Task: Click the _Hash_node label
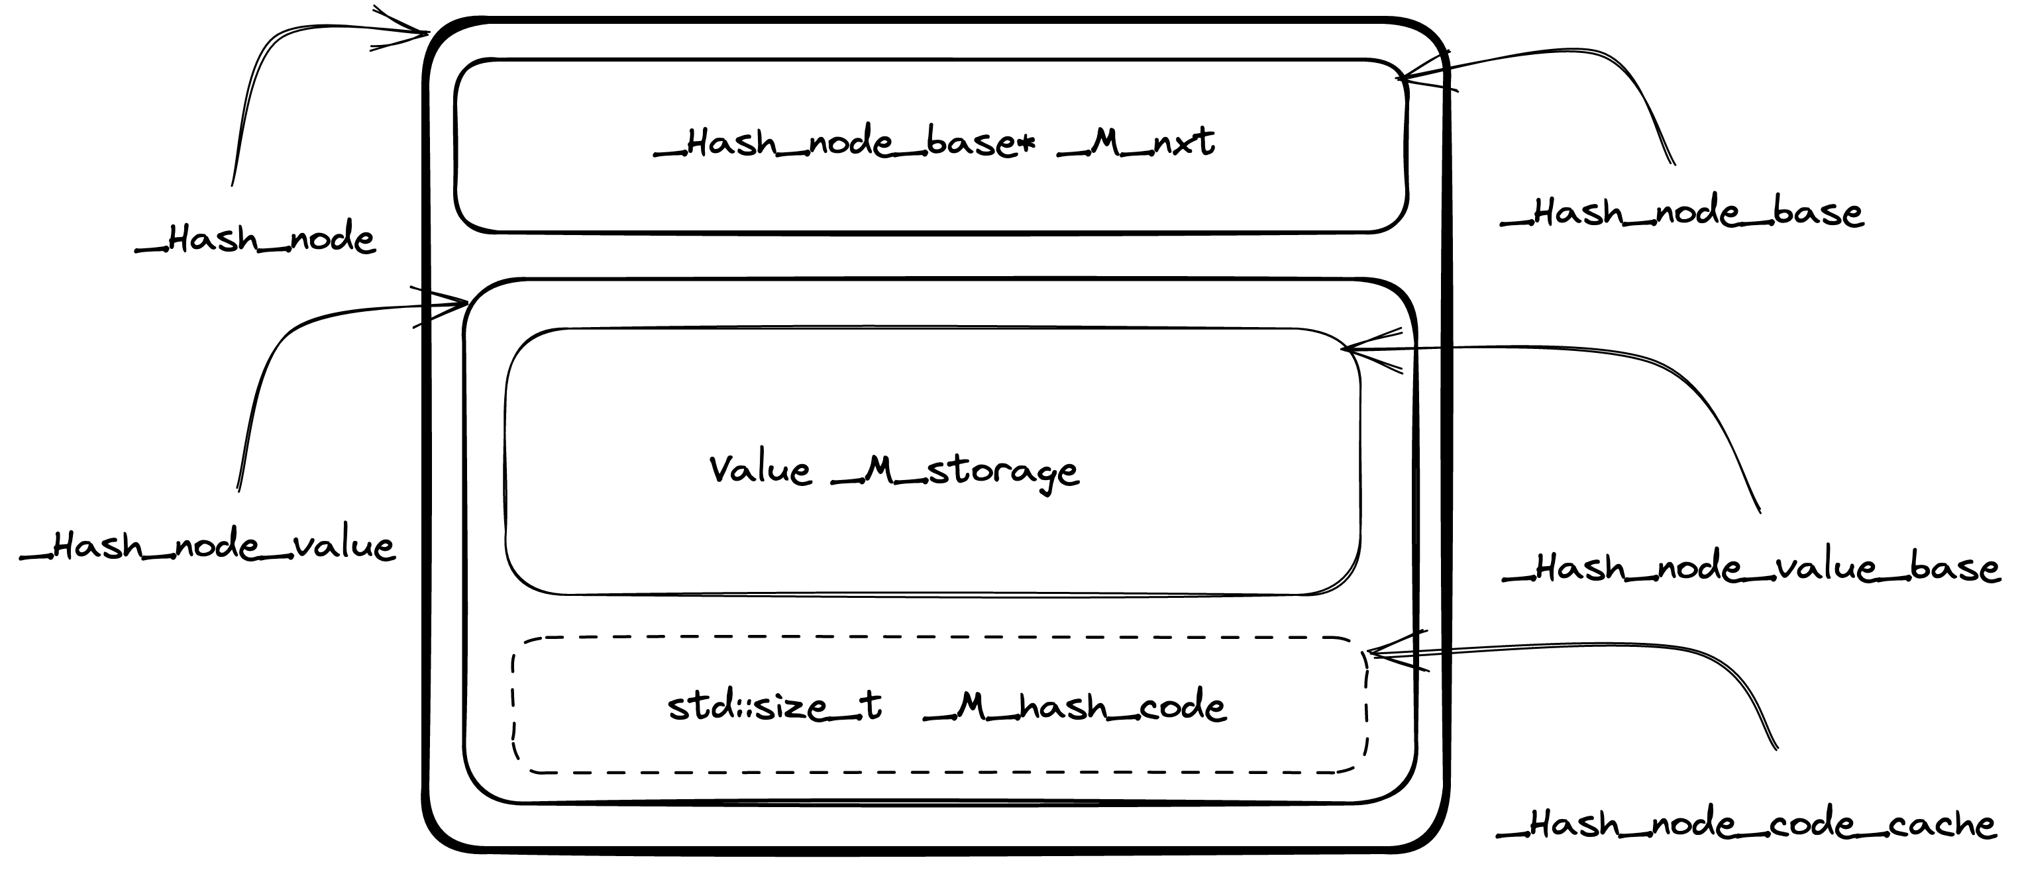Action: pos(256,239)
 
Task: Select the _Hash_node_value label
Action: pos(208,546)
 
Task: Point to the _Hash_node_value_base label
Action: pos(1751,568)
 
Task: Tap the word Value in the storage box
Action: pos(760,470)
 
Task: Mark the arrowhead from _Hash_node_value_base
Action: pos(1346,349)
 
